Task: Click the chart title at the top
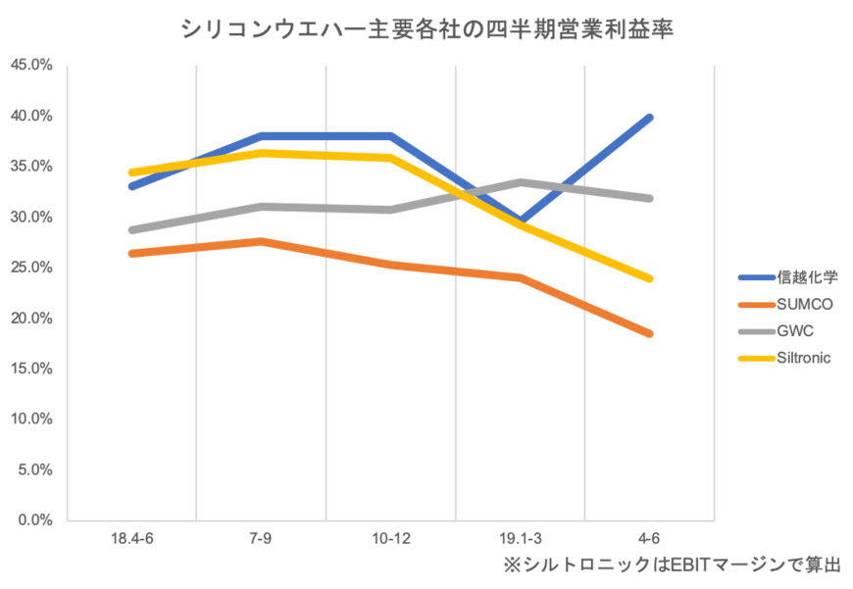pyautogui.click(x=426, y=29)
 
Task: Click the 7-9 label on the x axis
pyautogui.click(x=261, y=538)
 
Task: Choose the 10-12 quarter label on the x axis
pyautogui.click(x=391, y=538)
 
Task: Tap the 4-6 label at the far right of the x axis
pyautogui.click(x=649, y=538)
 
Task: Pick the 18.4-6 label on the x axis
pyautogui.click(x=131, y=538)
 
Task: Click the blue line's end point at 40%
pyautogui.click(x=649, y=117)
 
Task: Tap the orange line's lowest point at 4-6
pyautogui.click(x=649, y=334)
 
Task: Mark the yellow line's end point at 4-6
pyautogui.click(x=649, y=279)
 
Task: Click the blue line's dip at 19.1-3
pyautogui.click(x=523, y=221)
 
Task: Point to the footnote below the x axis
pyautogui.click(x=673, y=565)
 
